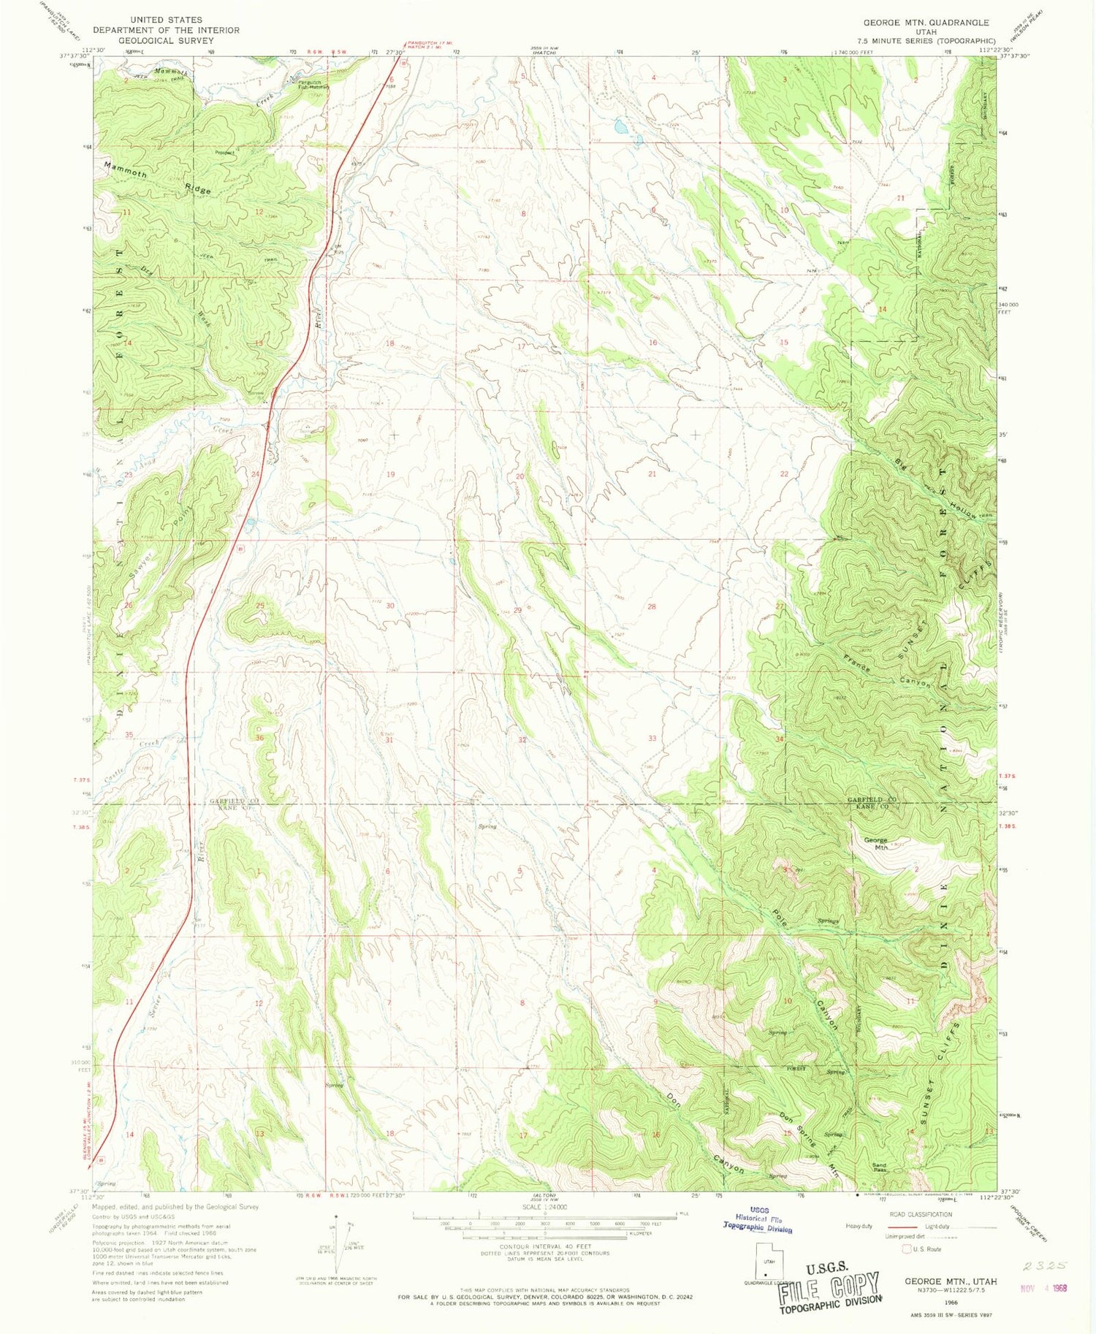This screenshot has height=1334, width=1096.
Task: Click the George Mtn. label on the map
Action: coord(875,843)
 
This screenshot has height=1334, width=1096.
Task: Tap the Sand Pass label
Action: coord(879,1167)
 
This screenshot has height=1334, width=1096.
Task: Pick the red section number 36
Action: coord(259,738)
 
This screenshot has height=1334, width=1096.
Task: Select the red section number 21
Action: coord(652,474)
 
